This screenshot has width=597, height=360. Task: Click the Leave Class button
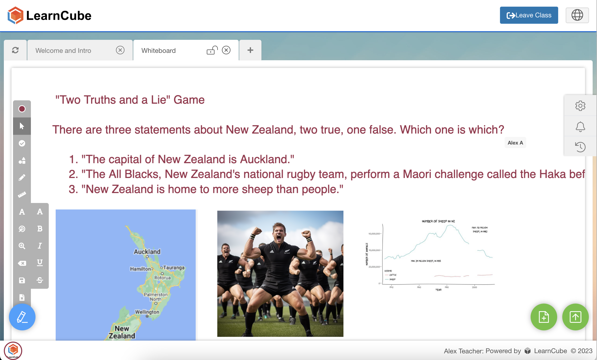point(529,15)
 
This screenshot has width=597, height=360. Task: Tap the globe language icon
point(577,15)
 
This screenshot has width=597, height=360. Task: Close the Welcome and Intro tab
point(120,50)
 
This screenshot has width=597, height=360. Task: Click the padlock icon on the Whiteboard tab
point(212,50)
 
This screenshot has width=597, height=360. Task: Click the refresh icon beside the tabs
point(15,50)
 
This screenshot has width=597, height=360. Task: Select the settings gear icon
point(580,106)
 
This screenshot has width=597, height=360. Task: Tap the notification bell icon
point(580,126)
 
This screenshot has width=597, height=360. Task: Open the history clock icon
point(580,147)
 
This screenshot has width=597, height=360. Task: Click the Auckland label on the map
point(147,252)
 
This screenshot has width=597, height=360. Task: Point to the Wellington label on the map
point(147,312)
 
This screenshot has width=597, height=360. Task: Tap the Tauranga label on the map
point(174,268)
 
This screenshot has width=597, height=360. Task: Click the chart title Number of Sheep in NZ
point(438,221)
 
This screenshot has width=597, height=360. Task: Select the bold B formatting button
point(40,229)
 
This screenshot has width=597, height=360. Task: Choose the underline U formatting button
point(40,263)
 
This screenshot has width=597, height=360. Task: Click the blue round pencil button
point(22,317)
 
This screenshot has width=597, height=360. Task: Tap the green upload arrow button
point(575,317)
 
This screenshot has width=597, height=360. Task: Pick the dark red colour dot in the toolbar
point(22,109)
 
